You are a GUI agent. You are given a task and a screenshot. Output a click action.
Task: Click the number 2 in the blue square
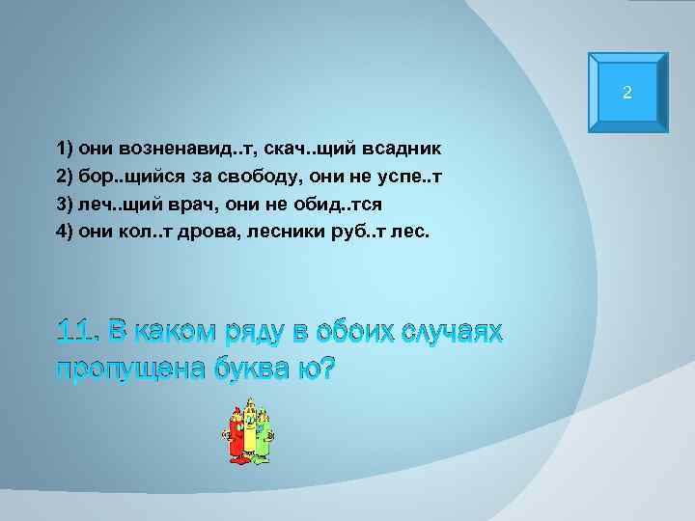(627, 94)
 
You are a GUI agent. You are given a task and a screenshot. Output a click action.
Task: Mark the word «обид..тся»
(338, 206)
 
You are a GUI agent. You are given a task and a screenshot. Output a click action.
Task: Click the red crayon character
(235, 434)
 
